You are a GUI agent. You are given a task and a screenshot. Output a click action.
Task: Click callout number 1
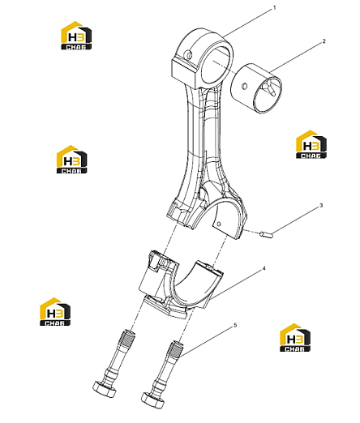click(275, 8)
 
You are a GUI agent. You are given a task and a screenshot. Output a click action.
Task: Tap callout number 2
click(324, 41)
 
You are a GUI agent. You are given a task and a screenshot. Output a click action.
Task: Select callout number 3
click(321, 206)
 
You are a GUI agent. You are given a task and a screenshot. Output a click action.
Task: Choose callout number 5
click(235, 325)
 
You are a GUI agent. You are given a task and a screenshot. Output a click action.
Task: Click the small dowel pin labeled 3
click(267, 234)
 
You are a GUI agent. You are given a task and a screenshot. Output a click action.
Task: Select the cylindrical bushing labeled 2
click(256, 88)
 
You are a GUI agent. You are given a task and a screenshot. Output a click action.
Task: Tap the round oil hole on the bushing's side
click(244, 86)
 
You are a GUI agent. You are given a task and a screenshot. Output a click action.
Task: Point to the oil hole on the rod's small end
click(190, 55)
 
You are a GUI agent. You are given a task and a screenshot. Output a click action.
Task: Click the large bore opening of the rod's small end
click(216, 65)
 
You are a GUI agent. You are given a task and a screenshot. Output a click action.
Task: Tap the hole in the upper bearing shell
click(219, 224)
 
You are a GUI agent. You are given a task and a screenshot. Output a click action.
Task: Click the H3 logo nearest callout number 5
click(295, 338)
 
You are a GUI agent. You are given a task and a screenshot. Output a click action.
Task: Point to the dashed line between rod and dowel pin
click(251, 233)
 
